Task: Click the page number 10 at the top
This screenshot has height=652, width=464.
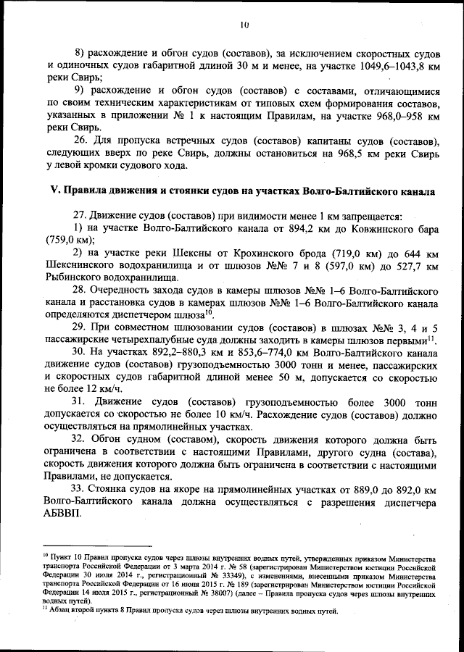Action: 244,25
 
